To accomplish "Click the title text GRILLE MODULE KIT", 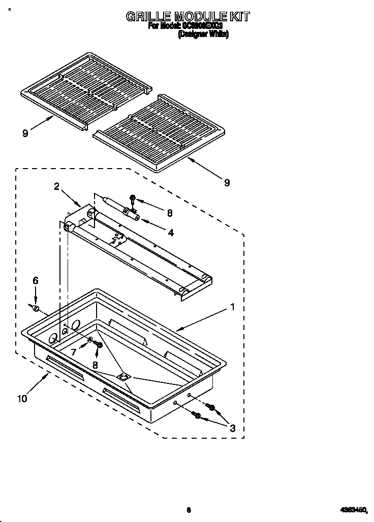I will tap(188, 16).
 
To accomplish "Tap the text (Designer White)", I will tap(203, 35).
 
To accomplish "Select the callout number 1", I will tap(232, 307).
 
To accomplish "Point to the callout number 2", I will tap(57, 186).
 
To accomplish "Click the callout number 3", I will tap(232, 428).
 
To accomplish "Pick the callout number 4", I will tap(171, 233).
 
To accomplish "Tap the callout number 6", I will tap(35, 280).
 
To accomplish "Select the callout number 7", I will tap(73, 352).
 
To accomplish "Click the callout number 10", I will tap(21, 399).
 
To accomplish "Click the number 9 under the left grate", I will tap(24, 133).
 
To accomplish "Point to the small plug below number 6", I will tap(36, 308).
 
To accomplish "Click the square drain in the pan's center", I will tap(122, 377).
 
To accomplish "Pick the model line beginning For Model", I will tap(186, 26).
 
